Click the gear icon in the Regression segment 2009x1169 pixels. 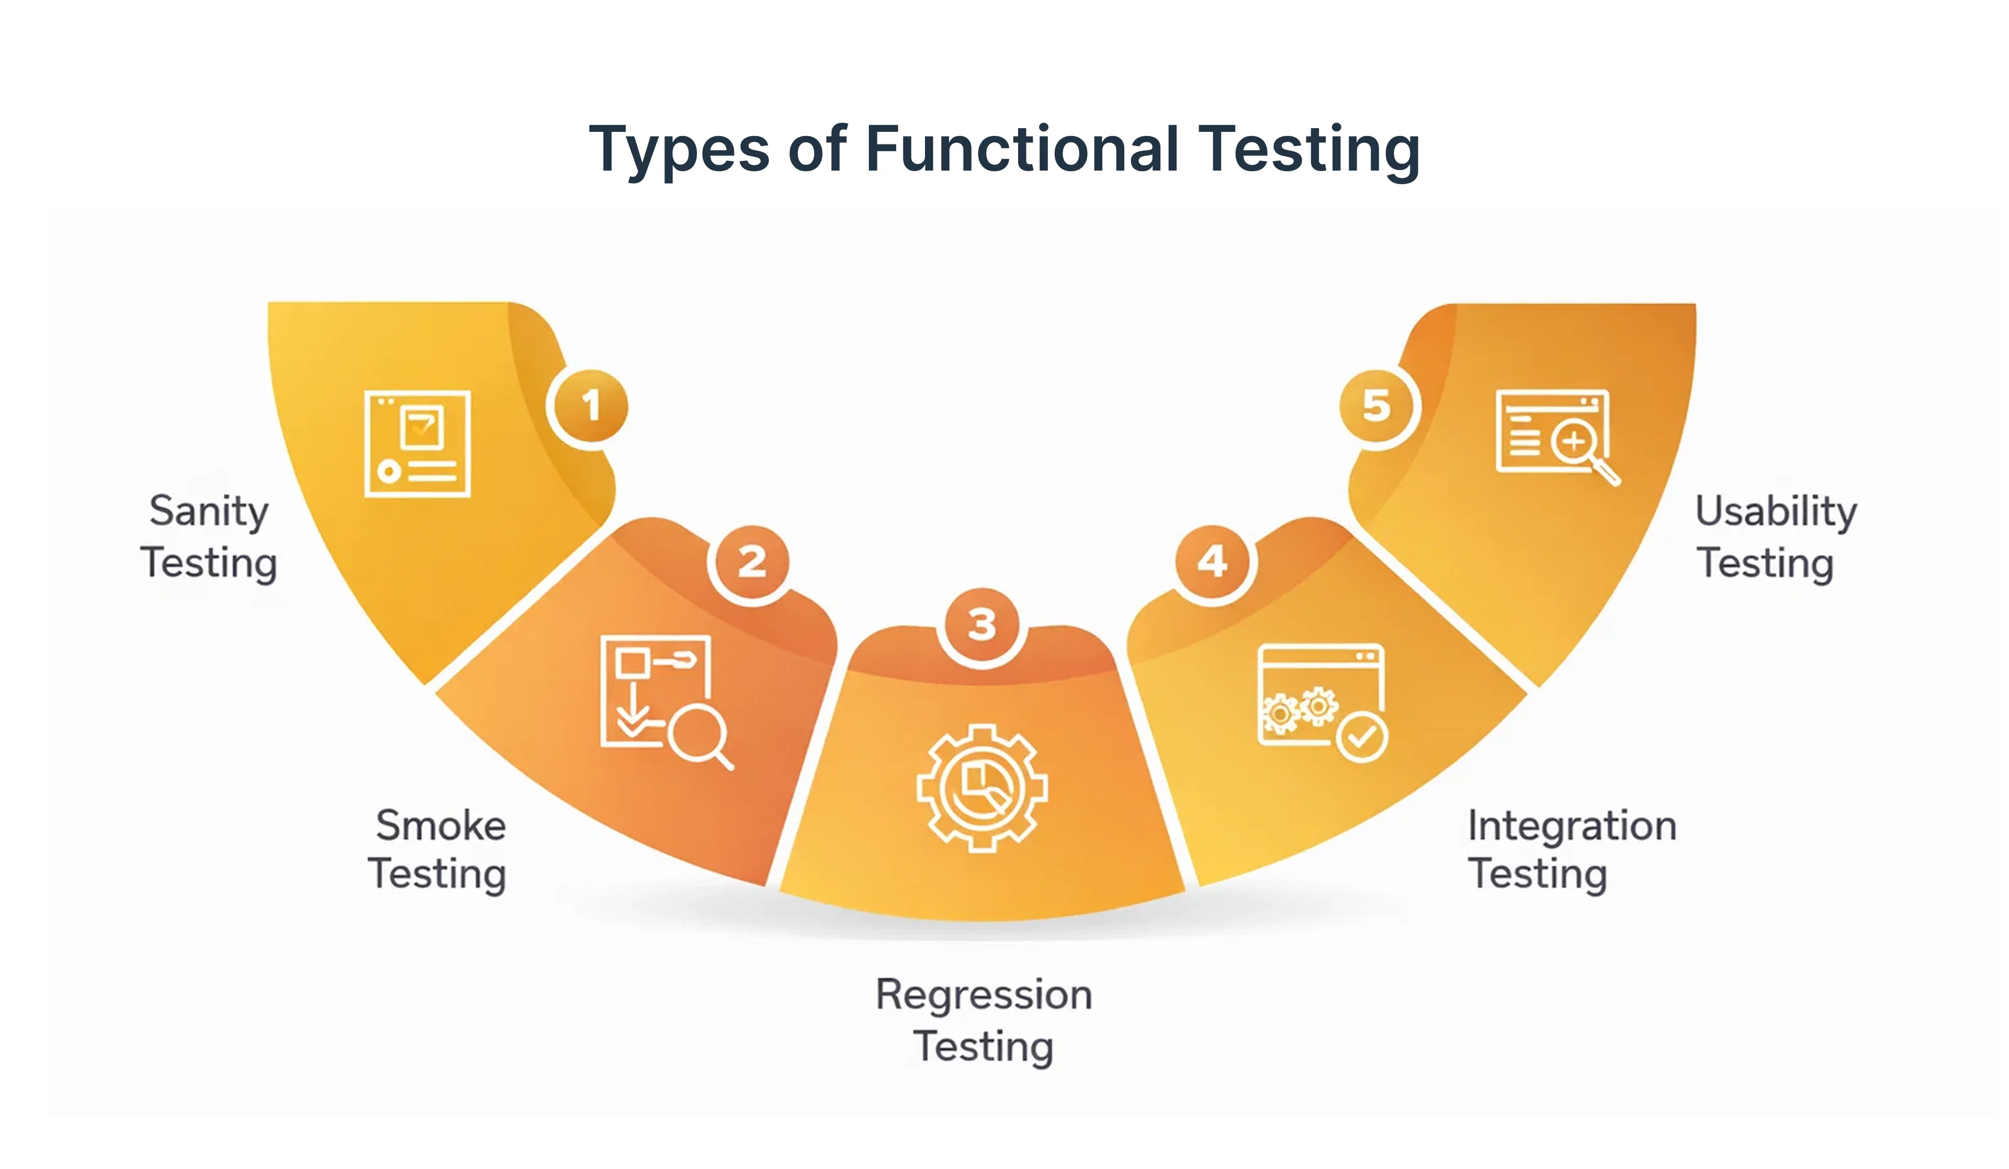tap(981, 788)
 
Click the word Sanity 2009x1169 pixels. tap(209, 511)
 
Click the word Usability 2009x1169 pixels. tap(1776, 511)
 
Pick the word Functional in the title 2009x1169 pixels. tap(1021, 149)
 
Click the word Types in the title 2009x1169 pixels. tap(679, 149)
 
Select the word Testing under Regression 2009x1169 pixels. tap(983, 1046)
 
